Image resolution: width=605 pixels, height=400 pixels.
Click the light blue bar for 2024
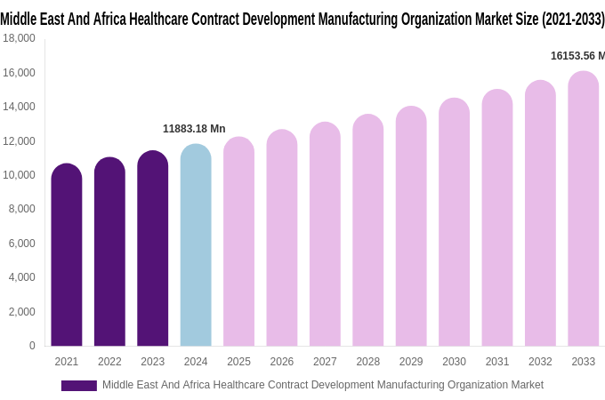coord(196,245)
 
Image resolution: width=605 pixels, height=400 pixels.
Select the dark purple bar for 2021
coord(67,255)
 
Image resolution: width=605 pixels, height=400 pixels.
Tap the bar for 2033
coord(583,209)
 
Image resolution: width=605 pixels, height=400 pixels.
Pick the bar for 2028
coord(367,230)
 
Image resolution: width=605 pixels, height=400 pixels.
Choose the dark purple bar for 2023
coord(153,249)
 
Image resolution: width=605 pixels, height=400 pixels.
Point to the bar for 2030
coord(454,222)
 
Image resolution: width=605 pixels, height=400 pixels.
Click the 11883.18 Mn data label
coord(194,129)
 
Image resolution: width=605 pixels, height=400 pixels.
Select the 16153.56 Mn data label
coord(577,56)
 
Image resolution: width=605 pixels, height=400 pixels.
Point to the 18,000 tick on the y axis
coord(19,38)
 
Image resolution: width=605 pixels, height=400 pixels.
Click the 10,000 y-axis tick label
coord(19,175)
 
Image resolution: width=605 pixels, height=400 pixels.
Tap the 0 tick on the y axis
coord(32,346)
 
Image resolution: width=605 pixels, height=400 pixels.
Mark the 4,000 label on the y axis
coord(21,277)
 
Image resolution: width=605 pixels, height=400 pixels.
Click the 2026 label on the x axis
coord(282,362)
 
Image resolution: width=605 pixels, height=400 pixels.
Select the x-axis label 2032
coord(540,362)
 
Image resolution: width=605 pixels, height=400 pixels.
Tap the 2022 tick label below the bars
coord(109,362)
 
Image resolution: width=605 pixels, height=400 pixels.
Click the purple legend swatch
coord(78,386)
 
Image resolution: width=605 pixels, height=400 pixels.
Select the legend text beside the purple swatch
coord(322,385)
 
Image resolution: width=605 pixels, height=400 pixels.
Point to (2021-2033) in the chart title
coord(567,19)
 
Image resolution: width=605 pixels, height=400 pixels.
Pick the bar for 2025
coord(238,242)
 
